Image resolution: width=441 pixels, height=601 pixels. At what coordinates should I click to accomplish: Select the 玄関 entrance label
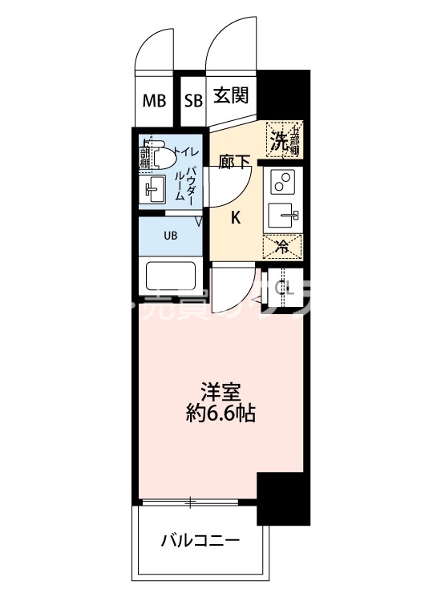click(x=231, y=96)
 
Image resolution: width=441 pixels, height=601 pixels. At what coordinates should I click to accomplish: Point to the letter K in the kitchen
click(x=237, y=216)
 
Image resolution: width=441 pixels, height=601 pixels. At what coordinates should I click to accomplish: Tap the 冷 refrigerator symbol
click(x=282, y=245)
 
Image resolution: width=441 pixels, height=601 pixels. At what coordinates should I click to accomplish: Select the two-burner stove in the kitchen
click(x=282, y=184)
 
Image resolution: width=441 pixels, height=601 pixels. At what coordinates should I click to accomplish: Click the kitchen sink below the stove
click(x=282, y=216)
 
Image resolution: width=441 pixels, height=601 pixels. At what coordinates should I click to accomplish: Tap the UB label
click(x=171, y=236)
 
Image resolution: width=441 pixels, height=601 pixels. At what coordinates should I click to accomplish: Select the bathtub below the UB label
click(x=171, y=277)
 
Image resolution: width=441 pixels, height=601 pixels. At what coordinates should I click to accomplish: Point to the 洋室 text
click(x=220, y=393)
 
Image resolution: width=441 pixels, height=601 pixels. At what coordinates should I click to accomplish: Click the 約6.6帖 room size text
click(x=220, y=414)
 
